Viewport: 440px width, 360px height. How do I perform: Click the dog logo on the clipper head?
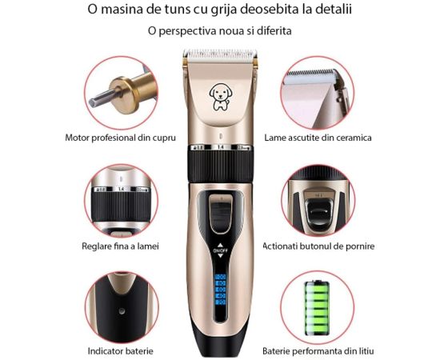point(221,96)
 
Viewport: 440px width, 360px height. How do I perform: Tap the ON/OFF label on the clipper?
point(220,250)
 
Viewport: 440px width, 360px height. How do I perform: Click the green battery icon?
point(317,308)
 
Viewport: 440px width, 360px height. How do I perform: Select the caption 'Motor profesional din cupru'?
point(120,138)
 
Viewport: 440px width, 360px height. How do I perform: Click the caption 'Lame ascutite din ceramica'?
point(318,138)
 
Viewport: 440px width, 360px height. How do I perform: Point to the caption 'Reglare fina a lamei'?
point(120,246)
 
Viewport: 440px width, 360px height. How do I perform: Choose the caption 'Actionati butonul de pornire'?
point(318,246)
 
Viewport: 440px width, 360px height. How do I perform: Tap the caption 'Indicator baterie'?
point(120,351)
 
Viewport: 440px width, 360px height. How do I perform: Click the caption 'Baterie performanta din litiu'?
point(318,351)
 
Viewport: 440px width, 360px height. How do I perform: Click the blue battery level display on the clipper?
point(220,290)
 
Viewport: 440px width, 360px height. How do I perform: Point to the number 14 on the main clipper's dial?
point(221,147)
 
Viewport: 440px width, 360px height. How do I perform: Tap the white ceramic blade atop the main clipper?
point(220,54)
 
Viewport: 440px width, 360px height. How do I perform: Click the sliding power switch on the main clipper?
point(221,214)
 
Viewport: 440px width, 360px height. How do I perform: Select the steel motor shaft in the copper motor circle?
point(102,97)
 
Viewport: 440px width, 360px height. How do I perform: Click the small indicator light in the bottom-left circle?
point(122,311)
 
